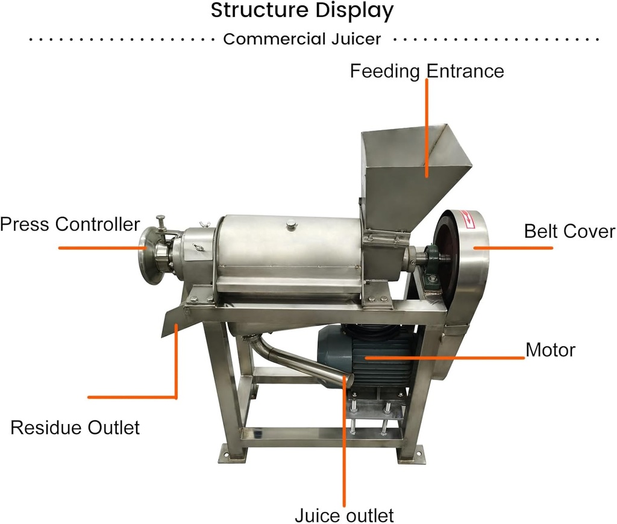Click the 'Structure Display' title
click(302, 11)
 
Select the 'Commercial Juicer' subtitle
click(302, 39)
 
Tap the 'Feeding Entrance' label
click(427, 71)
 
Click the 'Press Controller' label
click(70, 225)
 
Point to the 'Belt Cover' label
click(569, 231)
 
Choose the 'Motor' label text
click(550, 349)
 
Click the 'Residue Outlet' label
click(75, 428)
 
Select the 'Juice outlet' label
click(344, 516)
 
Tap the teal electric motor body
click(368, 355)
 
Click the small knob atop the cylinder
click(292, 224)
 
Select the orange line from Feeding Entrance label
click(427, 126)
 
